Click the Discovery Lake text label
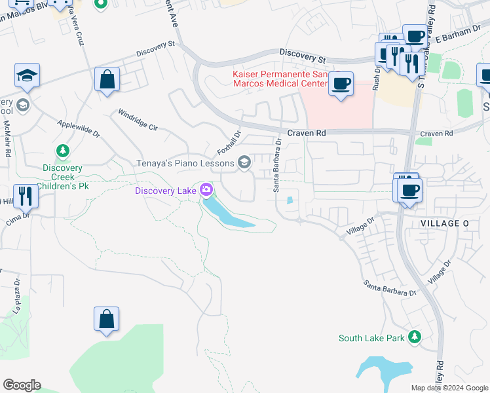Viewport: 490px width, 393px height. pyautogui.click(x=166, y=191)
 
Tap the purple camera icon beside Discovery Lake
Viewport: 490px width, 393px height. pyautogui.click(x=206, y=191)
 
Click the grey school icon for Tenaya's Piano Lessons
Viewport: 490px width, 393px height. pyautogui.click(x=244, y=162)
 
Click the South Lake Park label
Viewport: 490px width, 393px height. pyautogui.click(x=371, y=338)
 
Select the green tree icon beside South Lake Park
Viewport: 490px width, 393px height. pyautogui.click(x=414, y=337)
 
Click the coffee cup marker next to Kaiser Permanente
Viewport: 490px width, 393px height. pyautogui.click(x=341, y=84)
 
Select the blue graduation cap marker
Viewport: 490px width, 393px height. pyautogui.click(x=28, y=76)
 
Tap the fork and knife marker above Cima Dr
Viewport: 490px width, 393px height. pyautogui.click(x=25, y=196)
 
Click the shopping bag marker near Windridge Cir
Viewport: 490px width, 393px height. pyautogui.click(x=107, y=80)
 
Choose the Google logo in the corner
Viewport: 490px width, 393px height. pyautogui.click(x=22, y=385)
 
